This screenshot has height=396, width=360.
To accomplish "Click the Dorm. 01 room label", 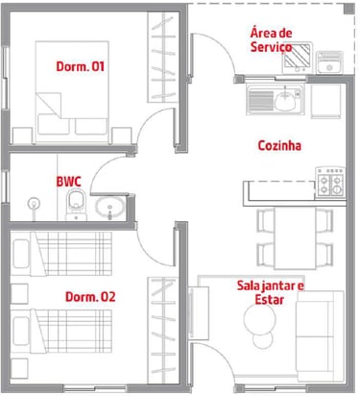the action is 81,66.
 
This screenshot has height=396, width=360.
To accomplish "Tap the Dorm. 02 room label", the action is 90,297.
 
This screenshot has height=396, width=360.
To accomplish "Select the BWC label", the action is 69,182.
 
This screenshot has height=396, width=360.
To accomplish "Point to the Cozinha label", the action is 279,145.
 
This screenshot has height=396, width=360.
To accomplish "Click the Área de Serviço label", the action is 271,40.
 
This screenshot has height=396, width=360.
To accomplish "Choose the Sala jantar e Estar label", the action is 270,292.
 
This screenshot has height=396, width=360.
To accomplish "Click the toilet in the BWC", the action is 76,205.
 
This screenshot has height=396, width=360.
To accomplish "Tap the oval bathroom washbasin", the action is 109,207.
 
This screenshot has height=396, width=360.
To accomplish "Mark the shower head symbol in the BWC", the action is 34,204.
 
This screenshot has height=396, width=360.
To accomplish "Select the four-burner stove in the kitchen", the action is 330,182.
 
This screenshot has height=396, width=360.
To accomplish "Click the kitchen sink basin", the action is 285,100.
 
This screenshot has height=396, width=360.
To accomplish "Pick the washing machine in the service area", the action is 298,58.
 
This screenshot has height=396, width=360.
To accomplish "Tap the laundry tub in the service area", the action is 329,62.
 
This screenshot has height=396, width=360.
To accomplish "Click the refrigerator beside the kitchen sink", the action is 325,101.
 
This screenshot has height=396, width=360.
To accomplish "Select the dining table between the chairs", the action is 295,238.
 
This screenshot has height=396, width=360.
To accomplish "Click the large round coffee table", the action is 259,319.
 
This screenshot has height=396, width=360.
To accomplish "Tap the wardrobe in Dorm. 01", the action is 162,58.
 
